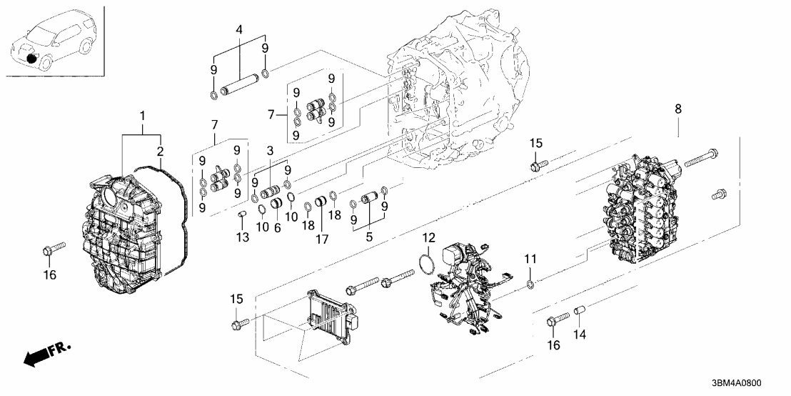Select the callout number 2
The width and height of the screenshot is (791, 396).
coord(161,152)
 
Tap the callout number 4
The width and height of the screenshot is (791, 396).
coord(238,31)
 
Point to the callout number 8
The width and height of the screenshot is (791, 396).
coord(677,109)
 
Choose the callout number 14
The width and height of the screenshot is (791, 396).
coord(580,333)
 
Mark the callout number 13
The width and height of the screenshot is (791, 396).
coord(243,237)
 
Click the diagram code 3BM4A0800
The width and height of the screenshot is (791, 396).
coord(750,383)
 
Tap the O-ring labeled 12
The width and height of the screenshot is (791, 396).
coord(425,263)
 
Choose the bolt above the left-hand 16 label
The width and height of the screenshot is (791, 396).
coord(54,249)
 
